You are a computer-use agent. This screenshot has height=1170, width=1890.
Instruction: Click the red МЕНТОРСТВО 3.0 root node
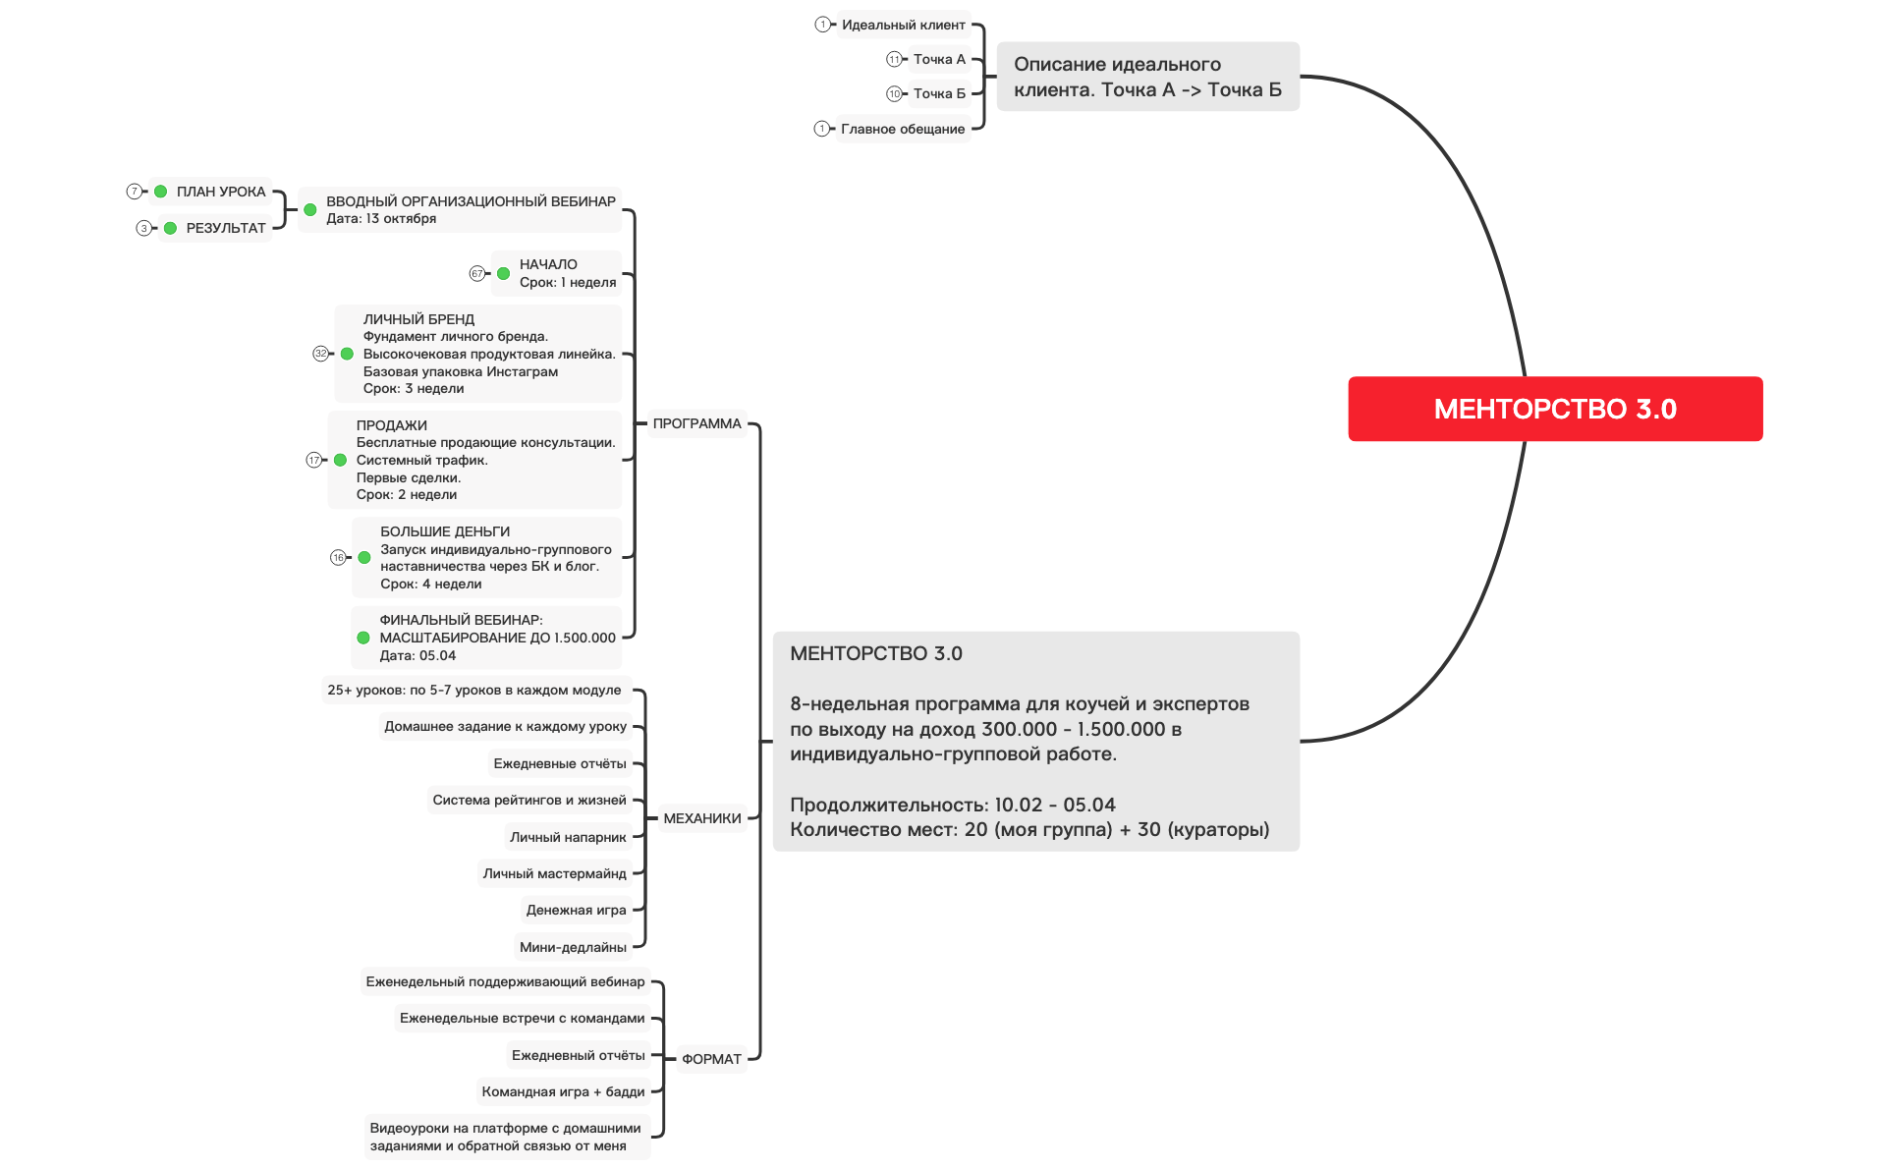pos(1554,409)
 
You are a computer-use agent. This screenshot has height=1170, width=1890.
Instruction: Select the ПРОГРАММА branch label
pos(696,423)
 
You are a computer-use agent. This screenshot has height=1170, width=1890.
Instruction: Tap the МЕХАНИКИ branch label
pos(701,818)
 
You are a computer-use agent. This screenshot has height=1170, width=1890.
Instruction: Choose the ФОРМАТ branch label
pos(711,1059)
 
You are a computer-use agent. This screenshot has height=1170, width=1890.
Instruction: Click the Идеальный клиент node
pos(903,25)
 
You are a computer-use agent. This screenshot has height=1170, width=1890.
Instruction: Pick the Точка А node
pos(938,59)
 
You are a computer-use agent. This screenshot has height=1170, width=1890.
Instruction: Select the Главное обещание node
pos(902,129)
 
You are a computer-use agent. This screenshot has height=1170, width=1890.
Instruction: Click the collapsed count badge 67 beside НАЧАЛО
pos(476,273)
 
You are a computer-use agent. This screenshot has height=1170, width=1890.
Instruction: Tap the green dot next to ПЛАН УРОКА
pos(161,192)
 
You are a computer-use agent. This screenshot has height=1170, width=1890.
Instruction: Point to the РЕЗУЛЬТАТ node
pos(225,228)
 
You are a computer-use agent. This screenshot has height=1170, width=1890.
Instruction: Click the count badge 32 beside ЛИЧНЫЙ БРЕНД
pos(320,354)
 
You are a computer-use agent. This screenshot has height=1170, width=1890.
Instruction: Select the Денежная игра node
pos(576,910)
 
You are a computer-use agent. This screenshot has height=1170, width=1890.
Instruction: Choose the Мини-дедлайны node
pos(573,947)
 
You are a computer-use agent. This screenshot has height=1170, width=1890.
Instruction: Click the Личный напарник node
pos(568,837)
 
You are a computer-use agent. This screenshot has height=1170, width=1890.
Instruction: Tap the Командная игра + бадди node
pos(563,1091)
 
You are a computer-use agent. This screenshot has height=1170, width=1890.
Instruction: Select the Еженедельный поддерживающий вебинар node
pos(505,981)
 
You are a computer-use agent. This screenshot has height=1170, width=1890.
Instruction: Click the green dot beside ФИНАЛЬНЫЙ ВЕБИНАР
pos(363,638)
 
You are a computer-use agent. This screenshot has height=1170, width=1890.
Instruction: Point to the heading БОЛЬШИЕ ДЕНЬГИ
pos(445,531)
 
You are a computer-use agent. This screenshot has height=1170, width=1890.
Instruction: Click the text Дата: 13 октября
pos(381,219)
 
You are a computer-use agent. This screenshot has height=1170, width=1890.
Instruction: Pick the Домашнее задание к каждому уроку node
pos(505,726)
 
